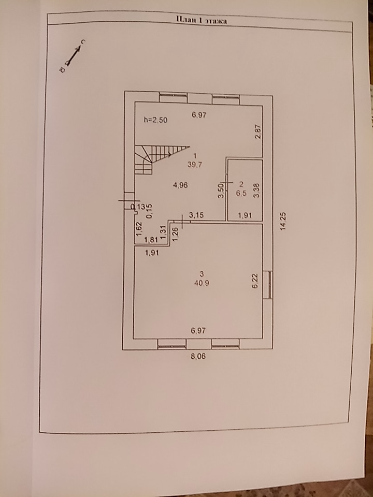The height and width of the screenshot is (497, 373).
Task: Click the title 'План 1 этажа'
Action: (x=199, y=20)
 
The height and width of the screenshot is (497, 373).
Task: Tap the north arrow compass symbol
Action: (x=72, y=55)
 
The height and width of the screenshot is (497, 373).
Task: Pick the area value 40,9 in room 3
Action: (x=202, y=283)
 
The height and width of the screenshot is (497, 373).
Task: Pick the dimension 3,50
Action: (x=221, y=191)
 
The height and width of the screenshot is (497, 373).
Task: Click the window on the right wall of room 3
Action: (x=268, y=284)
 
